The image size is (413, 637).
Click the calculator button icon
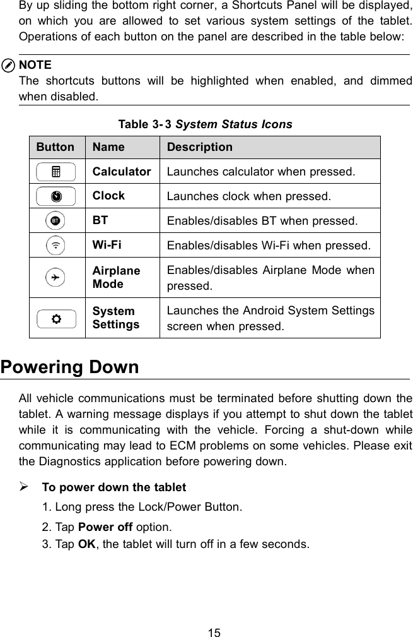(57, 171)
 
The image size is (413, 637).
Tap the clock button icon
(57, 196)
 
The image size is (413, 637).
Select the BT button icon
(57, 220)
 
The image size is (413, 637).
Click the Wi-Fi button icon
(57, 245)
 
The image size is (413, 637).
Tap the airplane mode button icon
(57, 277)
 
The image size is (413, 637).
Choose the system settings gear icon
(57, 318)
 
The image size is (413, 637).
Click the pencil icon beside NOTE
(9, 66)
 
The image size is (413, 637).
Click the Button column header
(55, 147)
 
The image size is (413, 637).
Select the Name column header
(108, 147)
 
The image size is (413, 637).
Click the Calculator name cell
(122, 171)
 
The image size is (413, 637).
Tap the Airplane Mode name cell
(117, 277)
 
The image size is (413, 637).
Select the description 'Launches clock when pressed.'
(248, 196)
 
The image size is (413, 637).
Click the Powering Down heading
(70, 367)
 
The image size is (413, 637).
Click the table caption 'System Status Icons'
(233, 124)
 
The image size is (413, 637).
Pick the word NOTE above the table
(36, 65)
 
